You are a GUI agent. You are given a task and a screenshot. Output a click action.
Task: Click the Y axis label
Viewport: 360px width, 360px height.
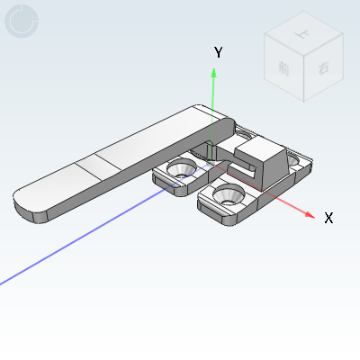[218, 53]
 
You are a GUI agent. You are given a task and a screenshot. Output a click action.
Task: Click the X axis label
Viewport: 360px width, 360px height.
[328, 218]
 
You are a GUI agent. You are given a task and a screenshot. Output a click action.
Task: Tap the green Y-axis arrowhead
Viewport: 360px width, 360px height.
[213, 76]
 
